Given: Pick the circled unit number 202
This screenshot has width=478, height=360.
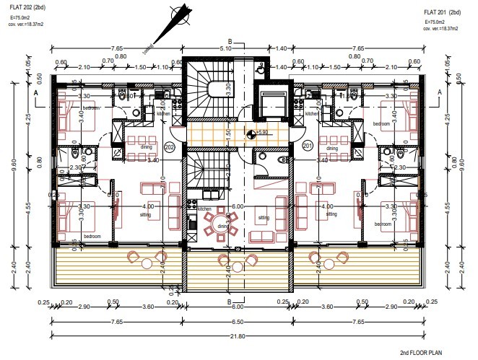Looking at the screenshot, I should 170,146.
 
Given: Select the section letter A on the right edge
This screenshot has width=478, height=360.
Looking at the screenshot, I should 440,93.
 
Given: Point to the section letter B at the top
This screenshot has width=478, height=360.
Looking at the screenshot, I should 230,41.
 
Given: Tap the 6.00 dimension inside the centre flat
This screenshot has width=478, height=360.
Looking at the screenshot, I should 238,206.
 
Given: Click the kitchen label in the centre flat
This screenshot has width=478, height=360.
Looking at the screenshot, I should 205,209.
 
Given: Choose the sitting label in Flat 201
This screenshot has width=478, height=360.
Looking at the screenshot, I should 331,214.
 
